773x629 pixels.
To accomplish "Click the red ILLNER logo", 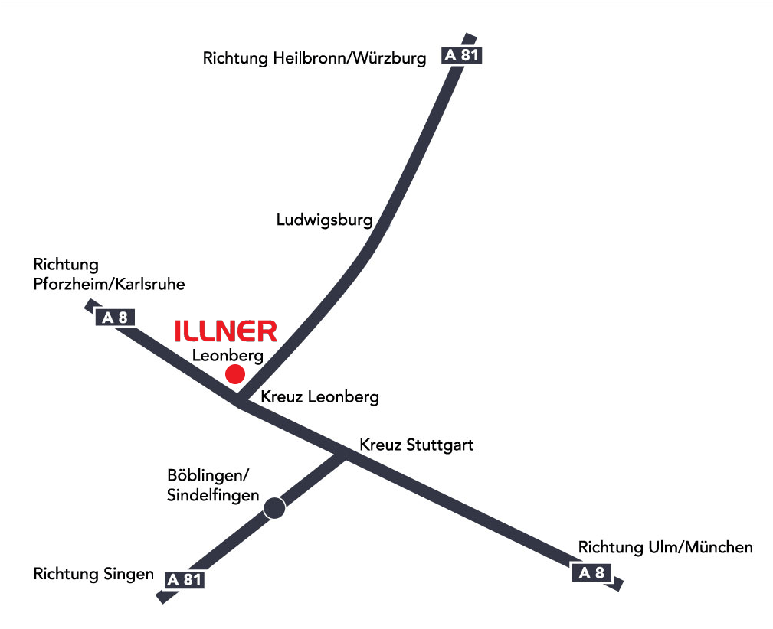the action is click(x=226, y=331).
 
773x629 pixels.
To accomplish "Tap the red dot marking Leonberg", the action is click(x=235, y=374).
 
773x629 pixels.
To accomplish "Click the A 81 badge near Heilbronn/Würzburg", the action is click(x=461, y=55).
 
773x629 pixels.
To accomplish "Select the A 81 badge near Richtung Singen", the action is click(x=185, y=580).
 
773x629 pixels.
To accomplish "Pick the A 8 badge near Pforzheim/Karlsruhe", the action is click(x=115, y=318).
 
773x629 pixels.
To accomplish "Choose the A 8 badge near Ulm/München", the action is click(x=591, y=572).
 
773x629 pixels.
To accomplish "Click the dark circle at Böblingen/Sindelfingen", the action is click(x=274, y=508).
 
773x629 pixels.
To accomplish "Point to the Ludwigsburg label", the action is click(x=324, y=220).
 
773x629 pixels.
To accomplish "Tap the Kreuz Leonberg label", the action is click(x=320, y=397).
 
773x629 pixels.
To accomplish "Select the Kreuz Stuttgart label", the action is click(x=417, y=445).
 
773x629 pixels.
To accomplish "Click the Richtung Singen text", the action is click(x=93, y=574).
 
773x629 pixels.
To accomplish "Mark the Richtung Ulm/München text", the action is click(x=666, y=547).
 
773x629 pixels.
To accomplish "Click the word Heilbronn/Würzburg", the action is click(x=349, y=58).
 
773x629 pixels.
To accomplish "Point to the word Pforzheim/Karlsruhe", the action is click(x=109, y=284).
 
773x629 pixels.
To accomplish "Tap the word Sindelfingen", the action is click(x=213, y=495).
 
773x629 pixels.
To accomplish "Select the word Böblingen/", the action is click(x=208, y=475).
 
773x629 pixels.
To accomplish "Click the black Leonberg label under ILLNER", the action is click(x=228, y=356).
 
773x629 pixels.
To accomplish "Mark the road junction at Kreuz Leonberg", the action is click(x=240, y=400).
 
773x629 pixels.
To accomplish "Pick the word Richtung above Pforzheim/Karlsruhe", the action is click(x=66, y=265).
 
